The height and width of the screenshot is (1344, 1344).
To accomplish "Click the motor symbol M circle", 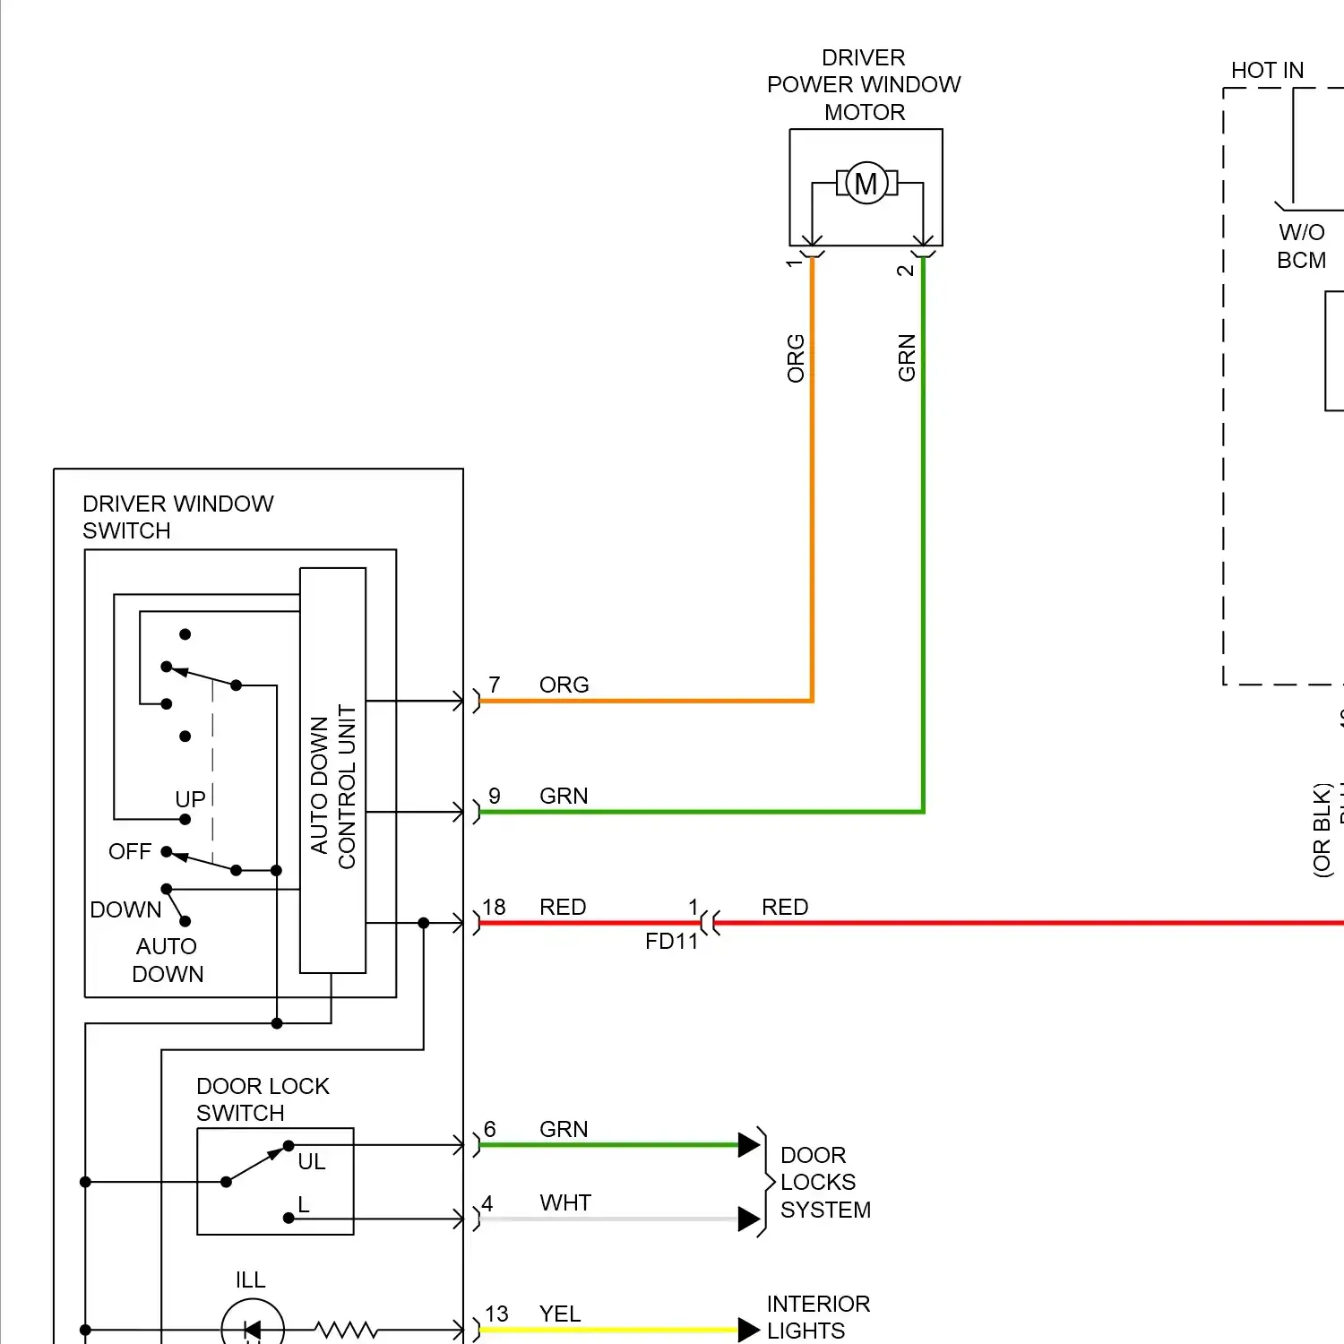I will coord(866,184).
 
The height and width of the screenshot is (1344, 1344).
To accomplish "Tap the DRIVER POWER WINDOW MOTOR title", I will coord(864,85).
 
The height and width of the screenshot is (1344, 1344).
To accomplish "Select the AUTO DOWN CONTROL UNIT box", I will coord(332,771).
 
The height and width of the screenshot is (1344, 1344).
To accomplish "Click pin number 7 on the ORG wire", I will coord(495,685).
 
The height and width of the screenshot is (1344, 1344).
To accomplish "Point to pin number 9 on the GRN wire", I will coord(495,797).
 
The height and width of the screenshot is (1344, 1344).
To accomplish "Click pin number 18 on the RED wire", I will coord(494,908).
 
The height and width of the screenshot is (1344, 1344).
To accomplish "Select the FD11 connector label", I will coord(671,942).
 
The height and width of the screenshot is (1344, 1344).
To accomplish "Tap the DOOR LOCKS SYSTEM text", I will coord(824,1183).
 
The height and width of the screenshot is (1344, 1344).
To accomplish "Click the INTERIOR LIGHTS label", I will coord(817,1317).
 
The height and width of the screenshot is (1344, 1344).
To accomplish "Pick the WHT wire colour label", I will coord(565,1203).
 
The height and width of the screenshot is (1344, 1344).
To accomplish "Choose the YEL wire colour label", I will coord(560,1314).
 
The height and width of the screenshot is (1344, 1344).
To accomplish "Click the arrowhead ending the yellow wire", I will coord(749,1330).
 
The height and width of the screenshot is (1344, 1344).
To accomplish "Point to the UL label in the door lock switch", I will coord(312,1162).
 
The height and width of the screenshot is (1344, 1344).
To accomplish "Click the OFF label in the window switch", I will coord(130,852).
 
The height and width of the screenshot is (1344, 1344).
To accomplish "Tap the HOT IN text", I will coord(1267,71).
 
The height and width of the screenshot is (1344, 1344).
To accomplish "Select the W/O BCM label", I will coord(1301,246).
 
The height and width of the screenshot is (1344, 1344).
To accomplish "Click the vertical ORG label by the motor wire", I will coord(796,358).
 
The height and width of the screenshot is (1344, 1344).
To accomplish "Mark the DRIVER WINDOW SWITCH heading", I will coord(177,517).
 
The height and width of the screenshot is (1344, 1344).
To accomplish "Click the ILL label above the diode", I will coord(251,1280).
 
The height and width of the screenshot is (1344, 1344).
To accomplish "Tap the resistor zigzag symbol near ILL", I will coord(346,1330).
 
